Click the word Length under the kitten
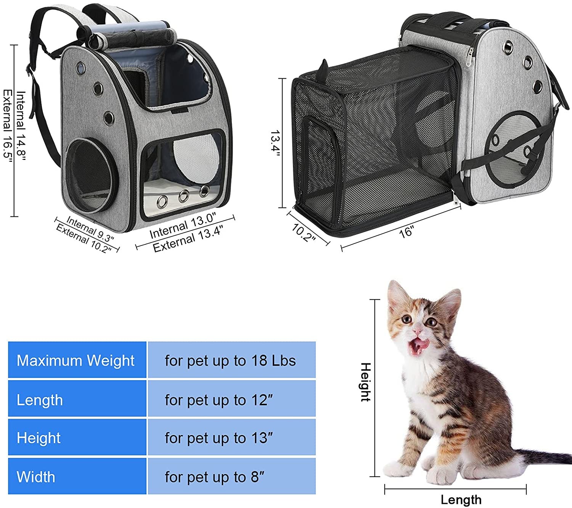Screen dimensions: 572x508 (x=461, y=500)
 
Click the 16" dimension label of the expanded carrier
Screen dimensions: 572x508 (x=406, y=232)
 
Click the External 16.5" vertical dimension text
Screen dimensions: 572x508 (x=8, y=126)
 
